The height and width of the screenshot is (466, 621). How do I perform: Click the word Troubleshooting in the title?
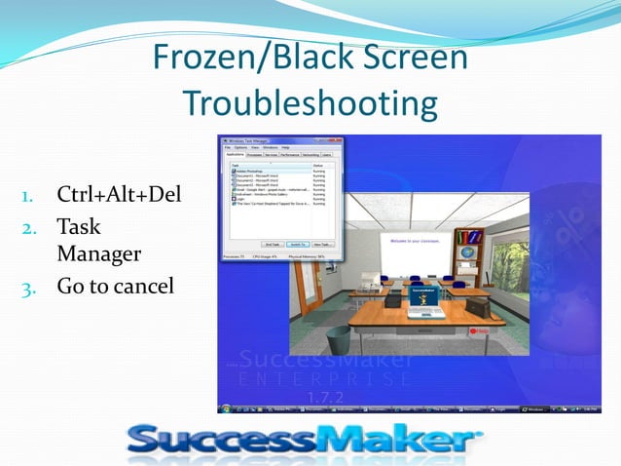pos(310,101)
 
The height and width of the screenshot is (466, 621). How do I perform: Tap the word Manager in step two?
pos(98,254)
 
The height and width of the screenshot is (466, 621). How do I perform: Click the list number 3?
pos(28,288)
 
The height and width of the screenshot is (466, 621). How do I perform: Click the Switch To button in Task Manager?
pos(297,244)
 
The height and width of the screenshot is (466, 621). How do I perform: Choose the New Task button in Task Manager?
pos(323,244)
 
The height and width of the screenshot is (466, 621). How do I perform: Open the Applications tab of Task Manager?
pos(234,154)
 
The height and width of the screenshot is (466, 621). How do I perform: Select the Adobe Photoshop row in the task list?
pos(248,171)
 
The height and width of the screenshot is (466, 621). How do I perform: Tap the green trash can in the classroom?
pos(338,340)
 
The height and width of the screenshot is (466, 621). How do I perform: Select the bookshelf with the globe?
pos(468,248)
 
